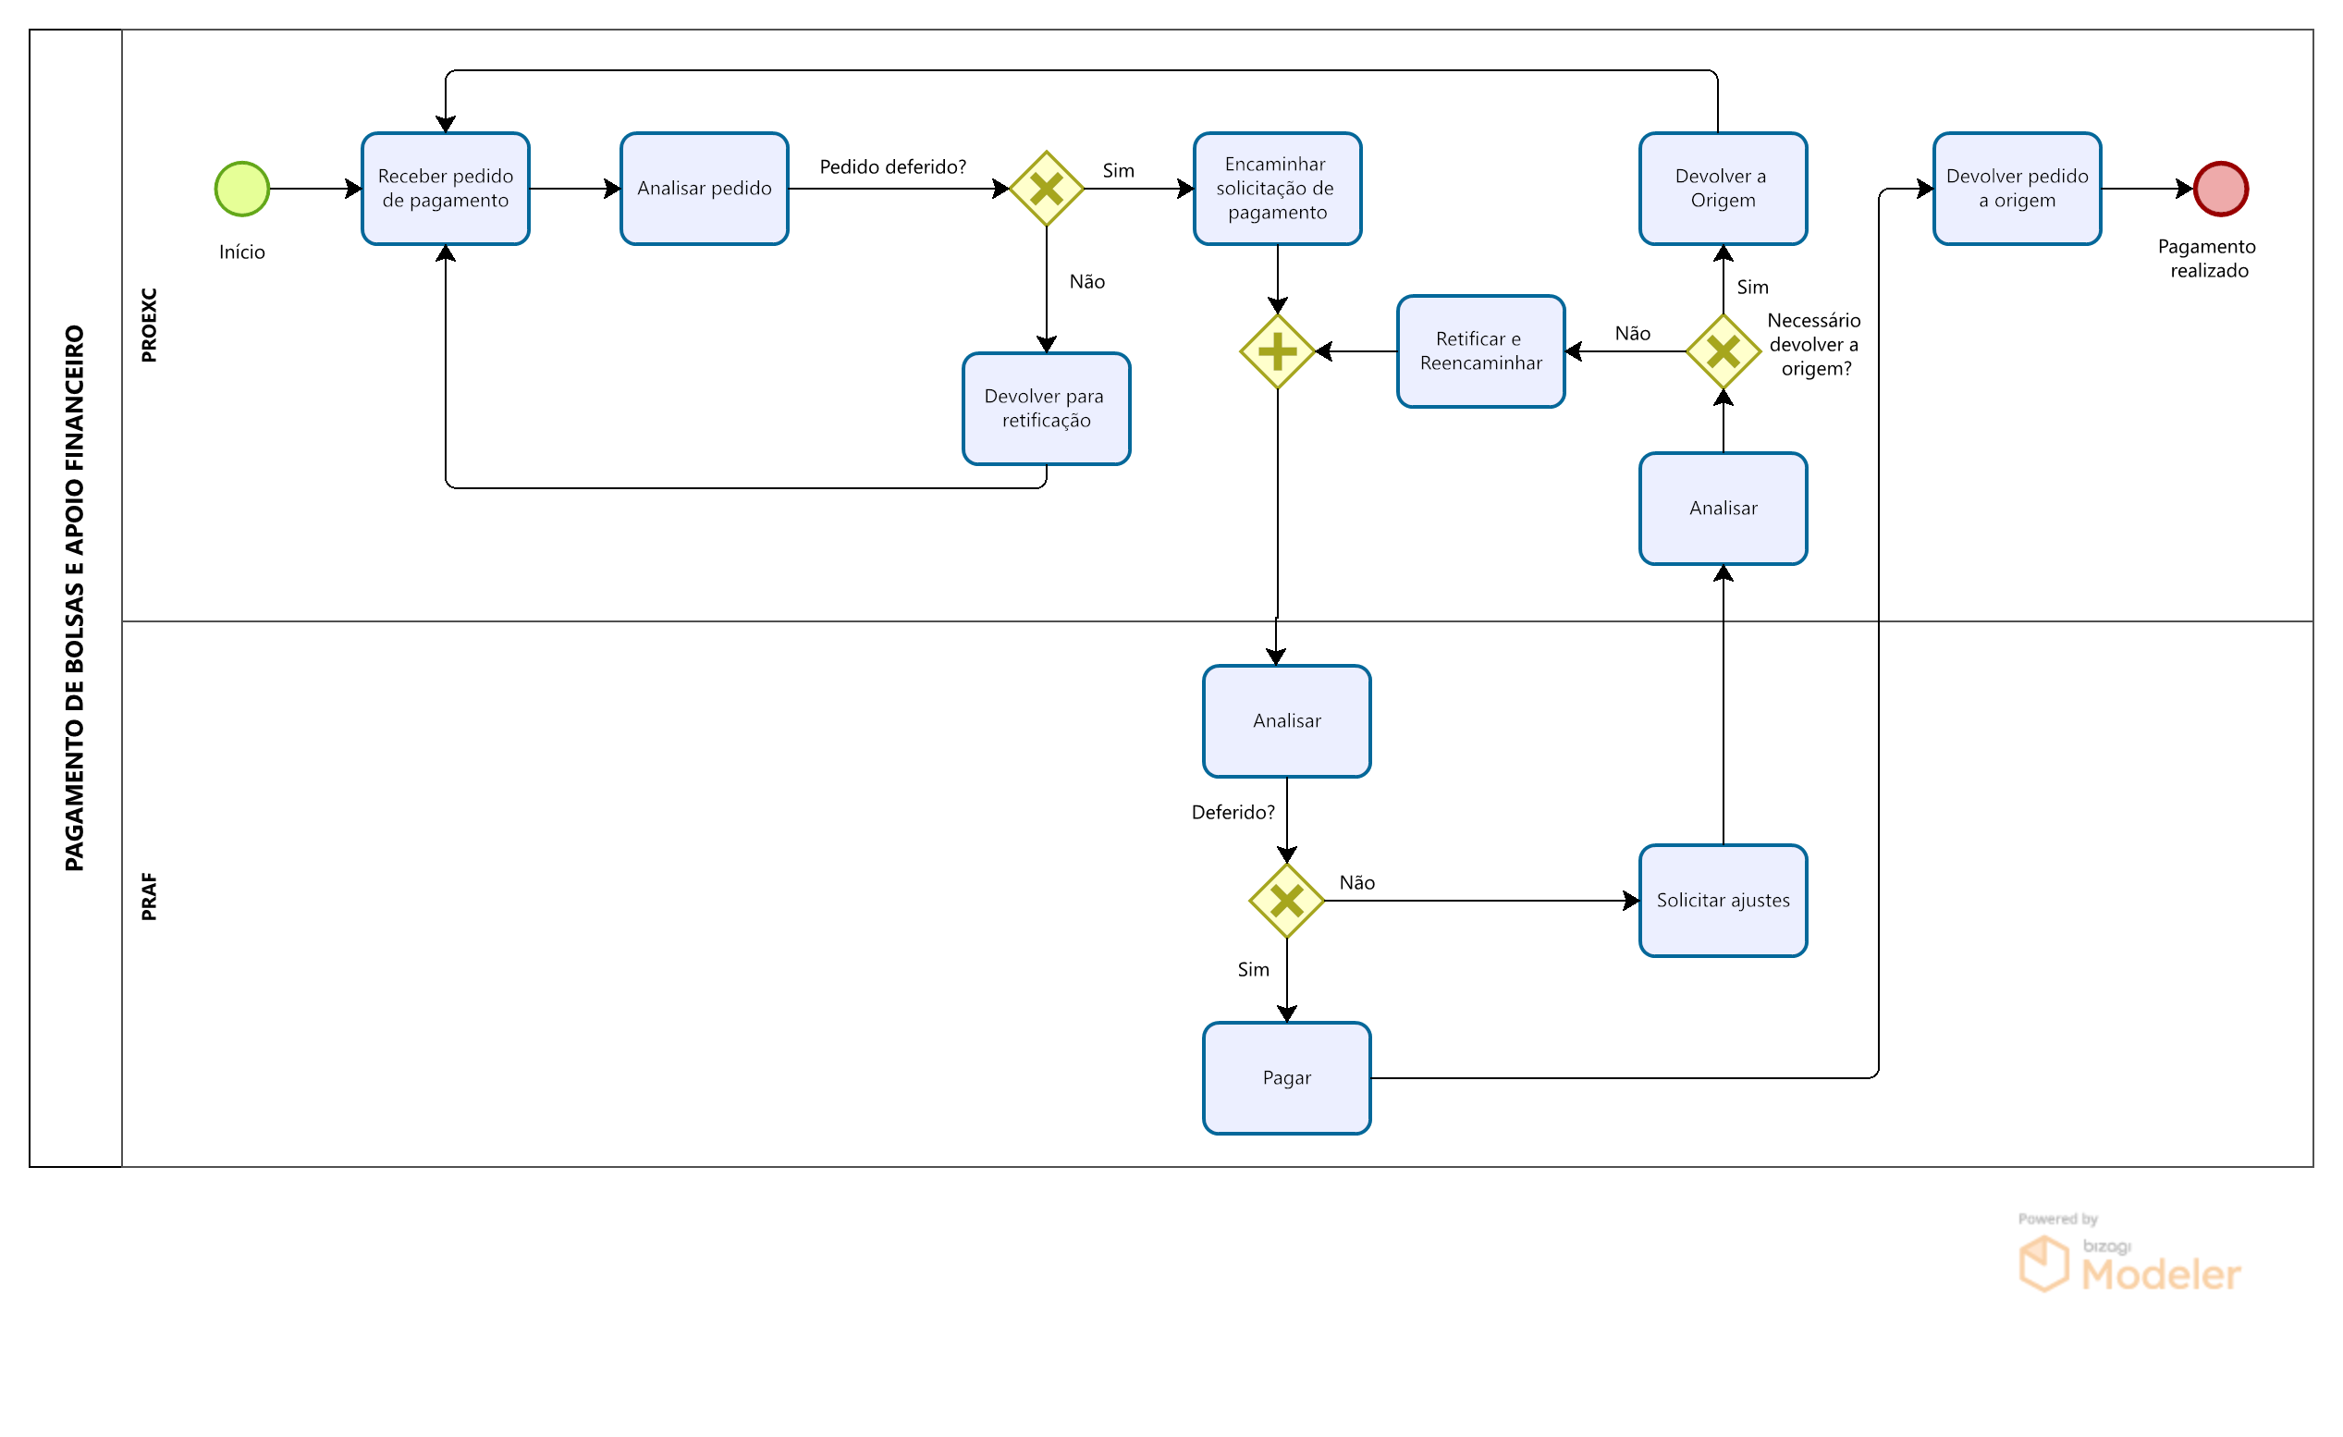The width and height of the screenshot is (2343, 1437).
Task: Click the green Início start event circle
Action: [x=242, y=190]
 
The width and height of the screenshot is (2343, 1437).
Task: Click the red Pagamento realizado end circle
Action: [x=2220, y=190]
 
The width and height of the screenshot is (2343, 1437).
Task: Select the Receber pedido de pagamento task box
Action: [x=445, y=190]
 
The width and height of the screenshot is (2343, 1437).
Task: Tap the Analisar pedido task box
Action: [x=704, y=190]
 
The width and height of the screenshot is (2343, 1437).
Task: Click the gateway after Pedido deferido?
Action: [x=1046, y=190]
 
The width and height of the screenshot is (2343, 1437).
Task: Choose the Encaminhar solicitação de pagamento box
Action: [x=1277, y=190]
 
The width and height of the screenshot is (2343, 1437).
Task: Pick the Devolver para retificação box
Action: [x=1046, y=409]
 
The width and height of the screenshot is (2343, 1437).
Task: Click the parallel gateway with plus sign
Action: [x=1277, y=352]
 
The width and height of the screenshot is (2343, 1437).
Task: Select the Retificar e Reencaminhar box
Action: [x=1480, y=352]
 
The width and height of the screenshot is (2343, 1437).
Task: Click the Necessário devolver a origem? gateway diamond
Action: [x=1723, y=352]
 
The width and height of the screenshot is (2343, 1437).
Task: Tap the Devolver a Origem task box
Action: [x=1723, y=190]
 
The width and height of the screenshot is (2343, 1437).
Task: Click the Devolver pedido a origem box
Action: [x=2017, y=190]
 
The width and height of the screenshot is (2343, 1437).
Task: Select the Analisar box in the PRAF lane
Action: [x=1286, y=721]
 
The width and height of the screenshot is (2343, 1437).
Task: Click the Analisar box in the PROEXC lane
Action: [x=1723, y=509]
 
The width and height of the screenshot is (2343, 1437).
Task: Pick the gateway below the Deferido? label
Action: [x=1286, y=901]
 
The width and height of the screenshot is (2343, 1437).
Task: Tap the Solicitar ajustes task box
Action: [x=1723, y=901]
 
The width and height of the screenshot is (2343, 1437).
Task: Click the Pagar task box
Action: [x=1286, y=1078]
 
